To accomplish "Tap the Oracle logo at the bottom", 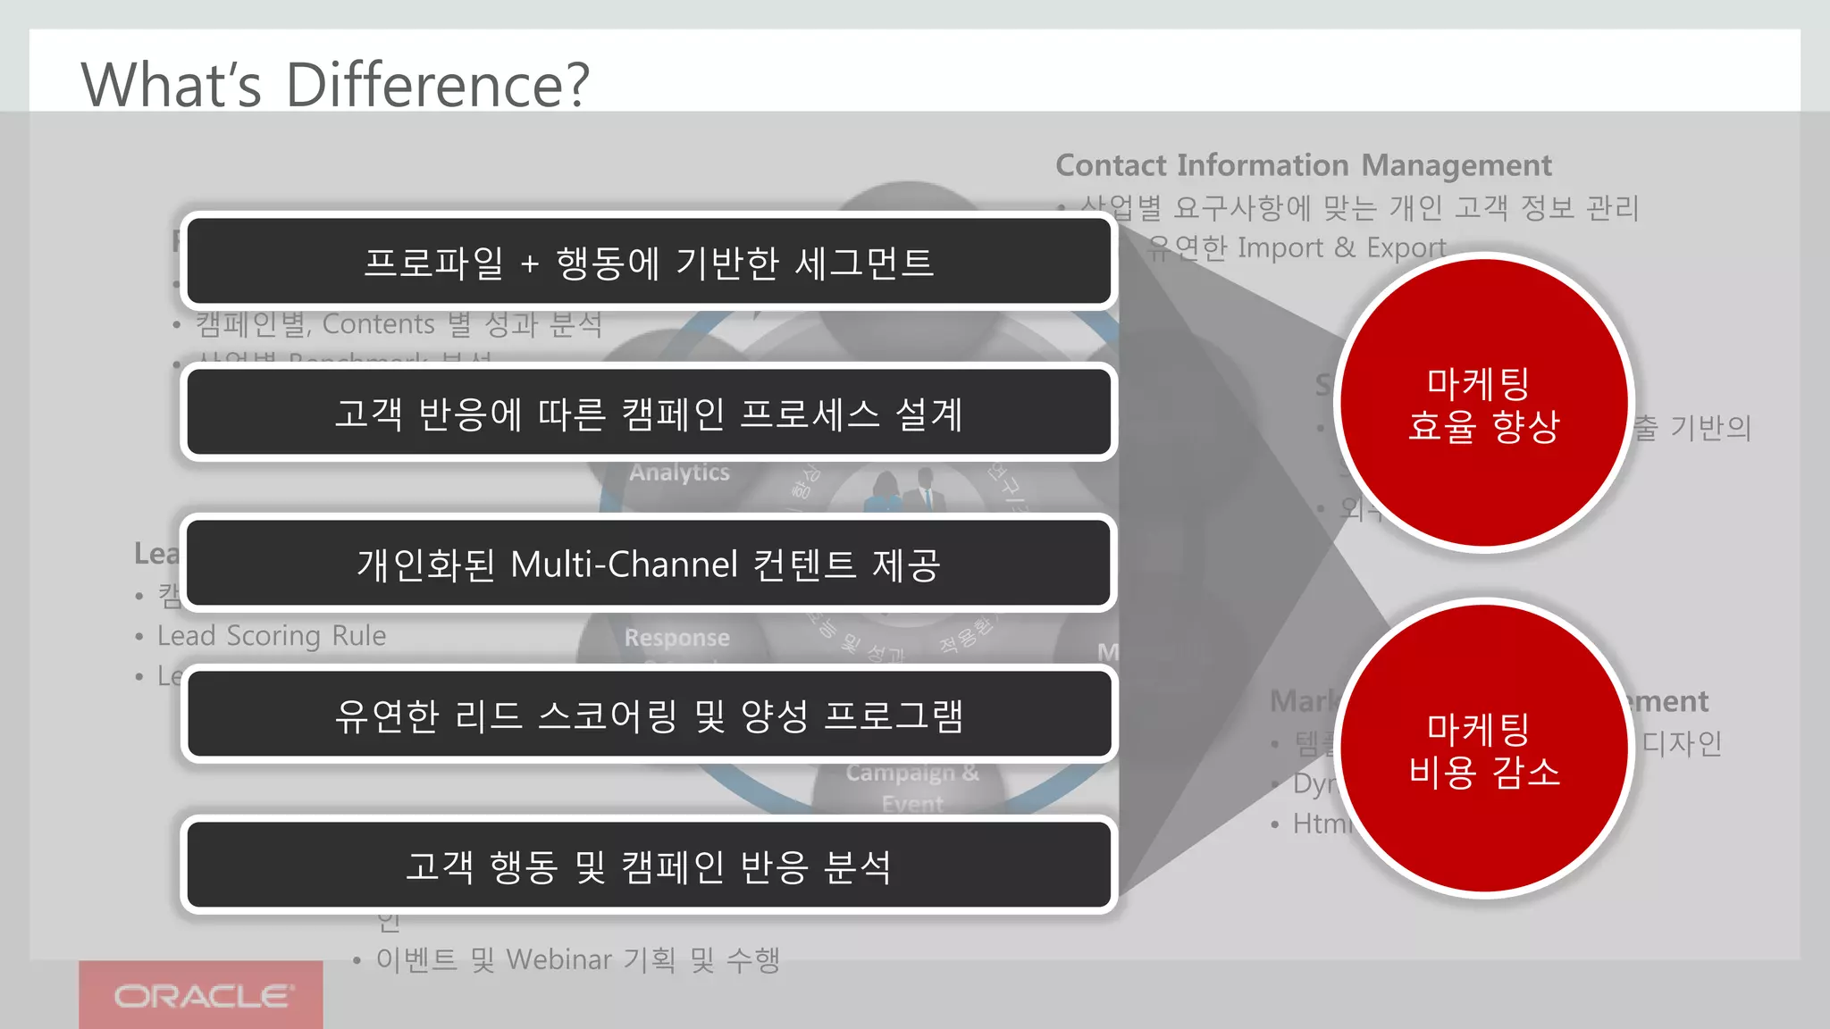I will point(202,995).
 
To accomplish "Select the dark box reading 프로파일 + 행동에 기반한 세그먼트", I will point(649,262).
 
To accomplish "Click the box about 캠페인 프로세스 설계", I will point(649,413).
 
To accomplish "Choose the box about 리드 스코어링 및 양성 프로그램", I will point(649,715).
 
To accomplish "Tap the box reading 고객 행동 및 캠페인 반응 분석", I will point(649,866).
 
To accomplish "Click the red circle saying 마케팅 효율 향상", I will point(1483,404).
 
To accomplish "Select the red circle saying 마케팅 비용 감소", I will point(1483,749).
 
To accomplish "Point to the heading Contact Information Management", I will point(1303,165).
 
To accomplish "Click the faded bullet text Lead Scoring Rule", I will point(272,635).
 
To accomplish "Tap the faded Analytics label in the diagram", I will point(679,472).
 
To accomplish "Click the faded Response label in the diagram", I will point(676,638).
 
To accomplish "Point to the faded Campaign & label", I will point(911,773).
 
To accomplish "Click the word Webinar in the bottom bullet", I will point(559,959).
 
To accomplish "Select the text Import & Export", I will point(1341,247).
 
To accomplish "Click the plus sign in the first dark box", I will point(529,264).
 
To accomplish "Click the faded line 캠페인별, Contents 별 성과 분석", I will point(399,323).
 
